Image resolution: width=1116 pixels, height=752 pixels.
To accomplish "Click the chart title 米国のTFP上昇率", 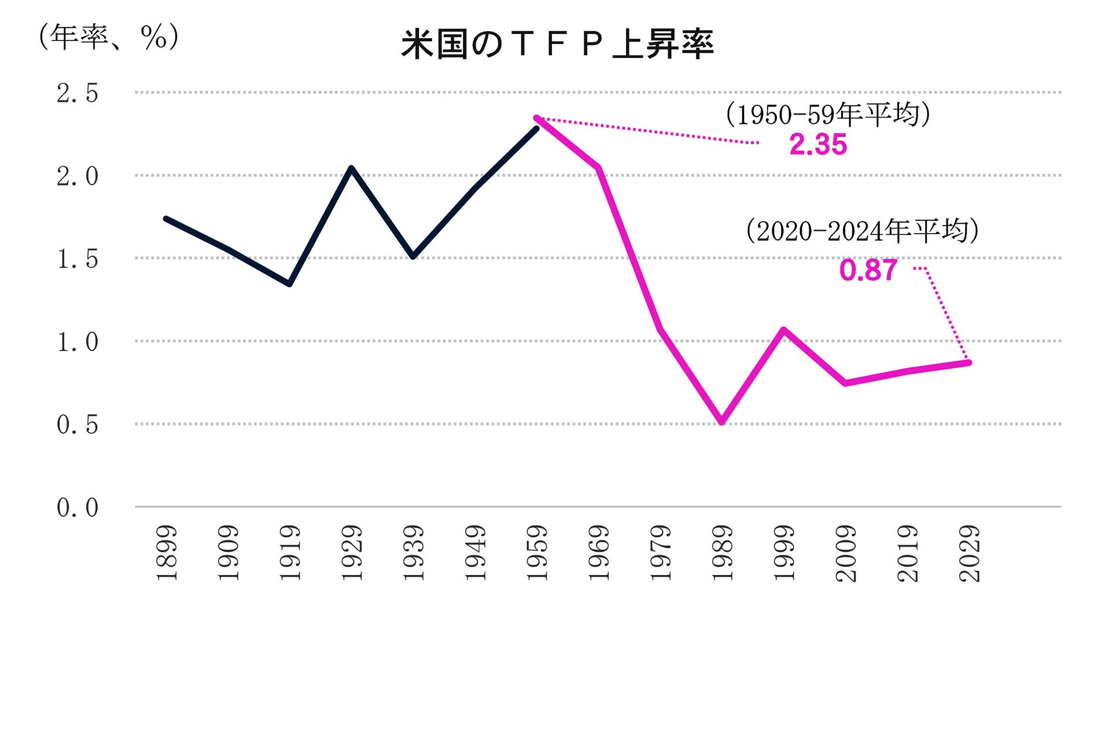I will tap(557, 45).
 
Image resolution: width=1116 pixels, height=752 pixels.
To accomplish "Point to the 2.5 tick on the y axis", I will tap(77, 93).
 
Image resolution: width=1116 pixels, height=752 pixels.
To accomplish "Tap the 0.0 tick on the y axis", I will tap(77, 508).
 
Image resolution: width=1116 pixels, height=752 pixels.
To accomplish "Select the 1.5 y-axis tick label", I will tap(77, 259).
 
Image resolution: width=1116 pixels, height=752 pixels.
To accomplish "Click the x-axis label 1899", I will tap(167, 553).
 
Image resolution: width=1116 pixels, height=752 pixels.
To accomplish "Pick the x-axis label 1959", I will tap(537, 553).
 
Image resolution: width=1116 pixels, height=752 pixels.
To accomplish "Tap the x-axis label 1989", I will tap(722, 553).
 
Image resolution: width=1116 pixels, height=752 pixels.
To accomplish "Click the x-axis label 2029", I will tap(970, 553).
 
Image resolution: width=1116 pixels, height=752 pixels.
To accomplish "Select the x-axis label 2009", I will tap(846, 553).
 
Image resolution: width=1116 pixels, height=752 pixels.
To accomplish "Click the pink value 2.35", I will tap(817, 145).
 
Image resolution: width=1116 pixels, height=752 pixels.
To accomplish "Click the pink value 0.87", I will tap(868, 270).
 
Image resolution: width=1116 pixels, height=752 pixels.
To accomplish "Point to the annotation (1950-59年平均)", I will tap(828, 114).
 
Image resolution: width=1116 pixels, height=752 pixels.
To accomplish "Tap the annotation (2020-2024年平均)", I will tap(862, 231).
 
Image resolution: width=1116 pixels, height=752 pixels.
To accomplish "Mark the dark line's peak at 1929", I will tap(351, 168).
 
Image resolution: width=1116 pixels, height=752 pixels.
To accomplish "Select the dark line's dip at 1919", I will tap(289, 284).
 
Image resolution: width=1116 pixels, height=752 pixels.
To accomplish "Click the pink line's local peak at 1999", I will tap(783, 330).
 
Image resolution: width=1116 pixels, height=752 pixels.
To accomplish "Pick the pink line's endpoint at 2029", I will tap(969, 363).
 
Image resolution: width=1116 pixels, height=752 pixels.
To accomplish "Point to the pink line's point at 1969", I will tap(599, 168).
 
